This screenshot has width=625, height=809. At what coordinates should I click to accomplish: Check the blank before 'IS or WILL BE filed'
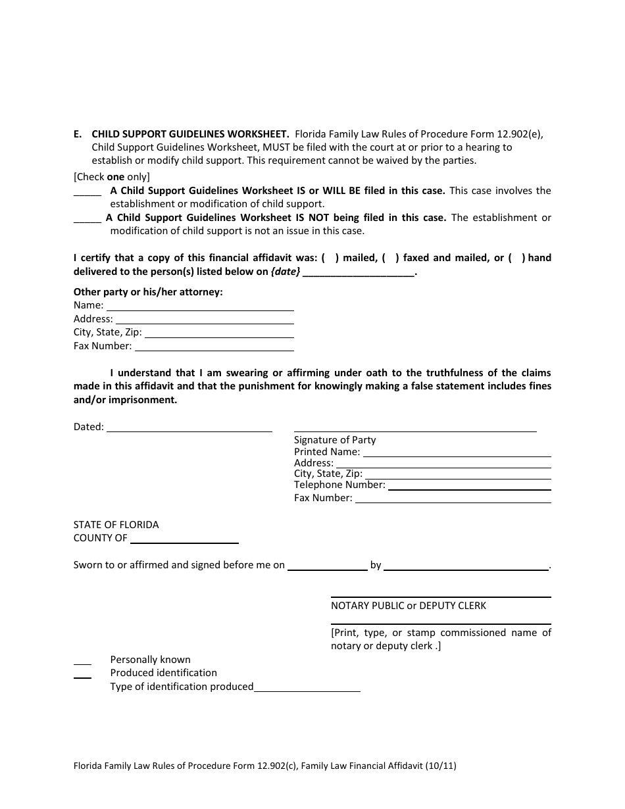pyautogui.click(x=87, y=193)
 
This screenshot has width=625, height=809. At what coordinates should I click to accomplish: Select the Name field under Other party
pyautogui.click(x=200, y=307)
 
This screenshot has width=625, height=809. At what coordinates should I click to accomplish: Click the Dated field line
pyautogui.click(x=189, y=429)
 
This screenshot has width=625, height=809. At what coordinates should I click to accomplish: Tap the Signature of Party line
pyautogui.click(x=415, y=429)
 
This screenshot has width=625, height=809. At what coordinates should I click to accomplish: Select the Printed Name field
pyautogui.click(x=457, y=454)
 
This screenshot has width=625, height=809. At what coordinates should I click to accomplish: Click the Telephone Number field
pyautogui.click(x=468, y=487)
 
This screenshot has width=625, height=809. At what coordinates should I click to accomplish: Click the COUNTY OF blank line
pyautogui.click(x=184, y=540)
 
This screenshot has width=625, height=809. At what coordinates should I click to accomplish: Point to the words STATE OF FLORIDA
pyautogui.click(x=116, y=525)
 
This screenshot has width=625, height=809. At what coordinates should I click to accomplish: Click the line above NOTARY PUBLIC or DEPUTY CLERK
pyautogui.click(x=441, y=596)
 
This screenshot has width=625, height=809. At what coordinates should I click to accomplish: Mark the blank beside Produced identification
pyautogui.click(x=82, y=675)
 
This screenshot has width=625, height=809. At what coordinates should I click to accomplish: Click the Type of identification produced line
pyautogui.click(x=307, y=689)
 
